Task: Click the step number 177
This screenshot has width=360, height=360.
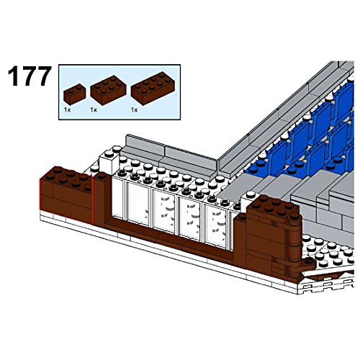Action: [31, 78]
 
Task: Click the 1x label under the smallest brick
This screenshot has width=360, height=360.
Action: [66, 110]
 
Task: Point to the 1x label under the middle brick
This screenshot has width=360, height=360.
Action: [94, 110]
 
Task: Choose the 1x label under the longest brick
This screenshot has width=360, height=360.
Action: [135, 110]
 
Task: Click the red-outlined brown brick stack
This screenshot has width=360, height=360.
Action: [65, 194]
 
